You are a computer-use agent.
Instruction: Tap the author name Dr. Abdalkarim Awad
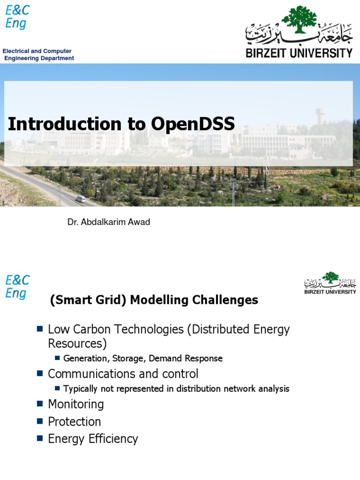coord(109,222)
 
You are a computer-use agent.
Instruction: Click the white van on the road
coord(81,199)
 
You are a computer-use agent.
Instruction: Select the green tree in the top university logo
coord(299,20)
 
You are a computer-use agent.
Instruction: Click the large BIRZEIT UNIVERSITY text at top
coord(299,52)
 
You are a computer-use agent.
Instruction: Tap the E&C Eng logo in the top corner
coord(16,17)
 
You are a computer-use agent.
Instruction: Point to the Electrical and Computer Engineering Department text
coord(38,54)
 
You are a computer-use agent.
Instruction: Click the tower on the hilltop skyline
coord(321,116)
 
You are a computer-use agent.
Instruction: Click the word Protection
coord(75,421)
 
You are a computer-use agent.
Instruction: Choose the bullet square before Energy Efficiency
coord(40,438)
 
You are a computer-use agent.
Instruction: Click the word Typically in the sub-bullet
coord(81,389)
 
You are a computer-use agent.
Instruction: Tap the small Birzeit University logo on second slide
coord(330,283)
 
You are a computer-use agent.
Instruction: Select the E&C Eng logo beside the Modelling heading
coord(17,287)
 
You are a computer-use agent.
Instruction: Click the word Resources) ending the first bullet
coord(77,344)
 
